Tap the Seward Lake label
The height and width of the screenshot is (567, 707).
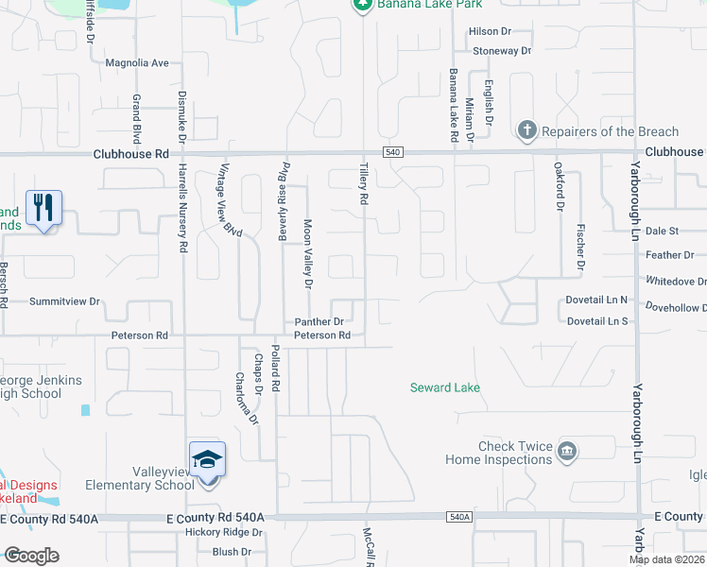pyautogui.click(x=444, y=387)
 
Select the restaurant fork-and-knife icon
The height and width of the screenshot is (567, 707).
pyautogui.click(x=43, y=208)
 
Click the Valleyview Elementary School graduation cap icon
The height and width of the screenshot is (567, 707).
pyautogui.click(x=207, y=460)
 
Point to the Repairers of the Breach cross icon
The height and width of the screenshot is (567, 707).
pyautogui.click(x=527, y=129)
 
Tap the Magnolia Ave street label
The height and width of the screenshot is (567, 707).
pyautogui.click(x=137, y=63)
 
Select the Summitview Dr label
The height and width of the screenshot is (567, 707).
pyautogui.click(x=64, y=301)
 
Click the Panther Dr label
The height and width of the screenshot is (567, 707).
pyautogui.click(x=316, y=322)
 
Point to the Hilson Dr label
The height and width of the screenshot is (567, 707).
pyautogui.click(x=490, y=31)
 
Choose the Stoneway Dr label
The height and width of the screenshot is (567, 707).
pyautogui.click(x=502, y=50)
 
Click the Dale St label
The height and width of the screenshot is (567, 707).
pyautogui.click(x=662, y=231)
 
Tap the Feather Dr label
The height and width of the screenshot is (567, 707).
pyautogui.click(x=669, y=255)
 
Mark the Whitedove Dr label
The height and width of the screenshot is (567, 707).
pyautogui.click(x=675, y=282)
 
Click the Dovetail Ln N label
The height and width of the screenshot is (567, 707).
pyautogui.click(x=597, y=300)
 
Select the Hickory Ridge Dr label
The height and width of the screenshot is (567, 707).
pyautogui.click(x=224, y=533)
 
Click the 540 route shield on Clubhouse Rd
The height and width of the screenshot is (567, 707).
pyautogui.click(x=393, y=152)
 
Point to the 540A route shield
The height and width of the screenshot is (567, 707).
pyautogui.click(x=457, y=517)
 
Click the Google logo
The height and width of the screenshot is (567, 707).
pyautogui.click(x=31, y=555)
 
